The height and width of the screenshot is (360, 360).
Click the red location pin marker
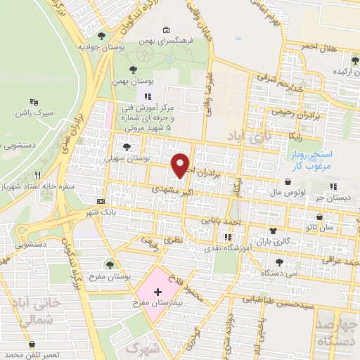click(181, 165)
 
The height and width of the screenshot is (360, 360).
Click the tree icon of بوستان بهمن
click(133, 70)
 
